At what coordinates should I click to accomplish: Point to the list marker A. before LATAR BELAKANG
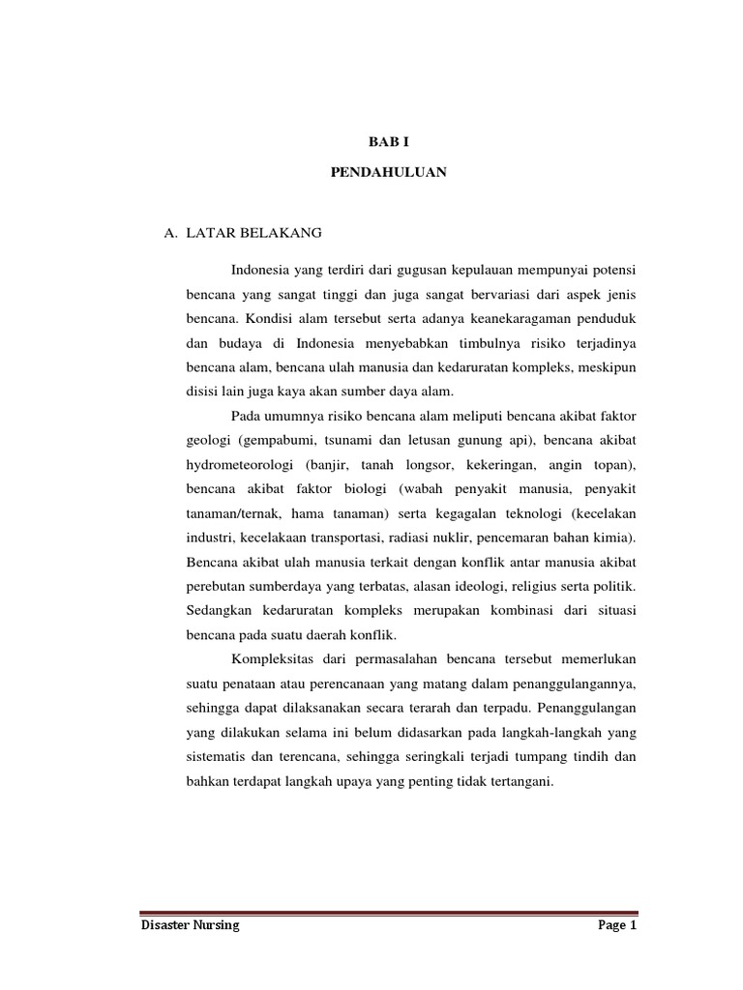pos(171,234)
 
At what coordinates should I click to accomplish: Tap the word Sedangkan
pos(221,610)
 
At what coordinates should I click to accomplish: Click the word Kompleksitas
pos(276,660)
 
